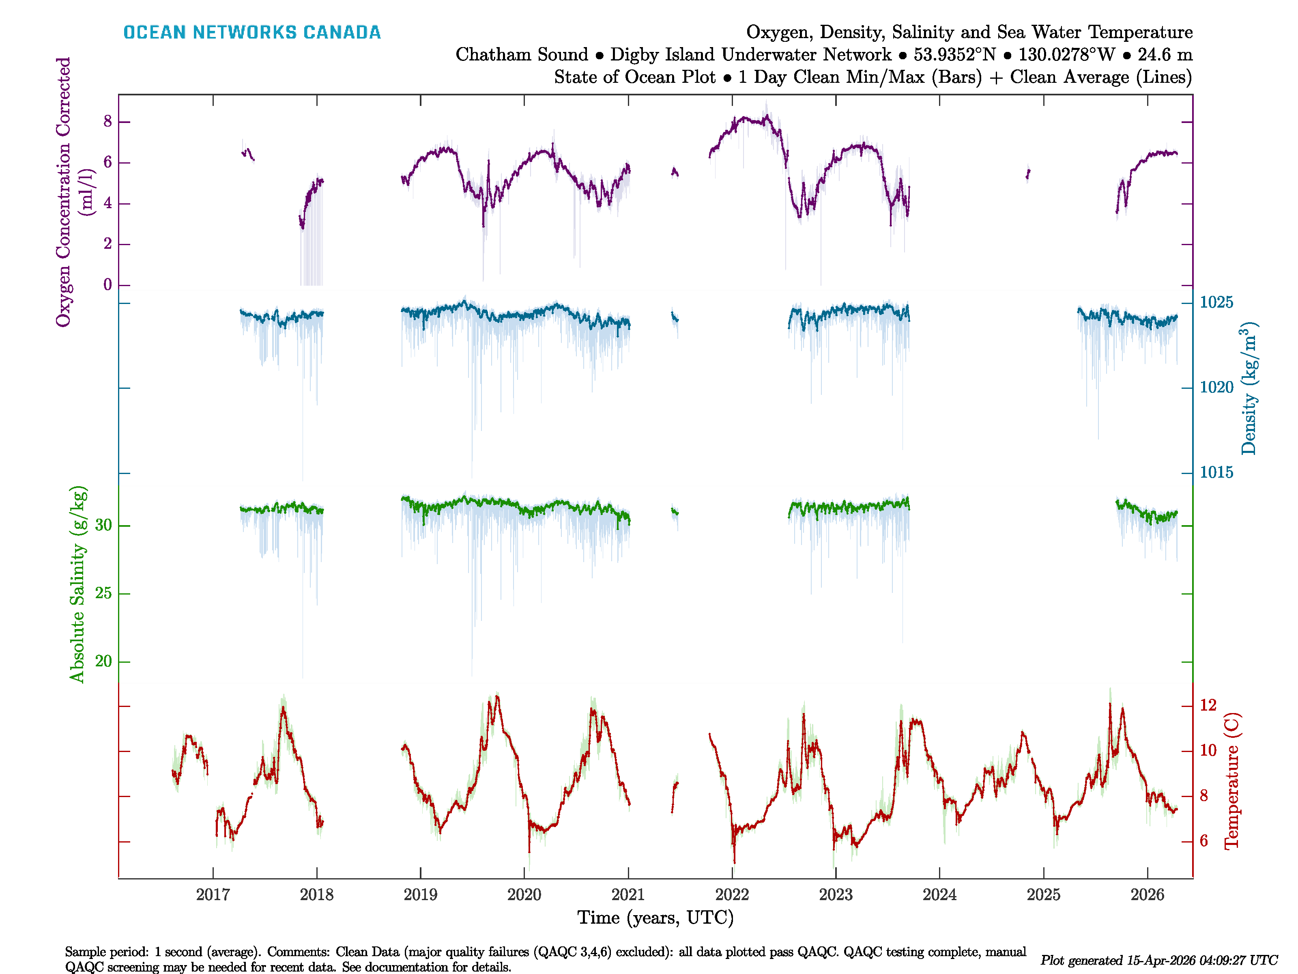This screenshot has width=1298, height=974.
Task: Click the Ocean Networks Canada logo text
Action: pyautogui.click(x=252, y=32)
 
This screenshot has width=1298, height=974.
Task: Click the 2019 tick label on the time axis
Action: pyautogui.click(x=420, y=895)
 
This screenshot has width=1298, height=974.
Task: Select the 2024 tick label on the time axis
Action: pyautogui.click(x=939, y=895)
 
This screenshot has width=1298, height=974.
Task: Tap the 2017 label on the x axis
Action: pyautogui.click(x=213, y=895)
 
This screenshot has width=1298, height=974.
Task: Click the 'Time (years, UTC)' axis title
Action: pyautogui.click(x=655, y=918)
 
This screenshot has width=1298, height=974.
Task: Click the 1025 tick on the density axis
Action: pyautogui.click(x=1216, y=302)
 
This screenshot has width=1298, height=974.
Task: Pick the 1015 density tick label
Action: pyautogui.click(x=1216, y=473)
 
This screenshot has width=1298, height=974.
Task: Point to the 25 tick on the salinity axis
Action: pyautogui.click(x=103, y=594)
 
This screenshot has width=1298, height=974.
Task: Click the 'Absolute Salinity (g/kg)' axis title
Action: pyautogui.click(x=78, y=584)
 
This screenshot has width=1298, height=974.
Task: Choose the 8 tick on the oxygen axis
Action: pyautogui.click(x=108, y=121)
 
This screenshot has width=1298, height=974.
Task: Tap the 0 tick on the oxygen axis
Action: pyautogui.click(x=108, y=285)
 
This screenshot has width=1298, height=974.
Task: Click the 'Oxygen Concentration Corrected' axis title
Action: pyautogui.click(x=63, y=192)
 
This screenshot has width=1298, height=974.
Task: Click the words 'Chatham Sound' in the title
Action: pyautogui.click(x=522, y=55)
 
